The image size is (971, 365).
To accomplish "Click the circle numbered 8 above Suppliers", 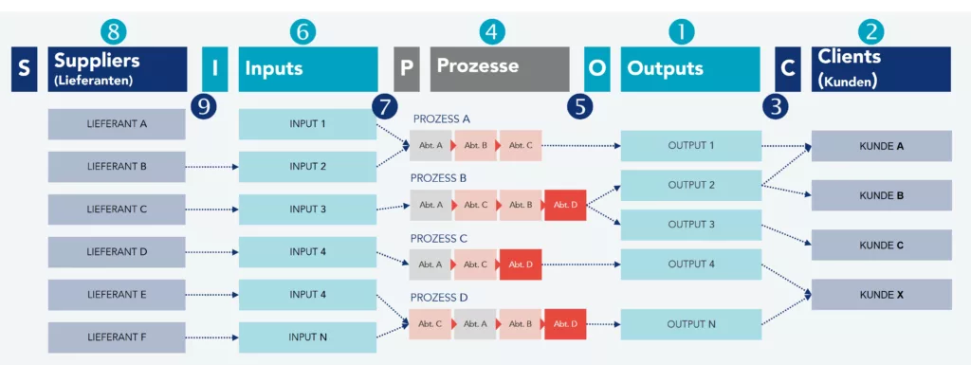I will point(114,31).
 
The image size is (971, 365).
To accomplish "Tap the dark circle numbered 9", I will point(202,105).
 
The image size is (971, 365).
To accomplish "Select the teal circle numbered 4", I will point(490,31).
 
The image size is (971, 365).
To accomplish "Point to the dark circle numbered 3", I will point(777,105).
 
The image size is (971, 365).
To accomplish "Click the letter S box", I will point(24,69).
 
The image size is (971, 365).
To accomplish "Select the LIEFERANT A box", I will point(117,124).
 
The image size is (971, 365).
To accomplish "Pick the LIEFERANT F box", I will point(117,338).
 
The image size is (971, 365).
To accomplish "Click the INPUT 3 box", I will point(307,210).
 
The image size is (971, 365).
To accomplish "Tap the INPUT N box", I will point(307,338).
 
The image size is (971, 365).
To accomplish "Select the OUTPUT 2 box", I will point(690,186).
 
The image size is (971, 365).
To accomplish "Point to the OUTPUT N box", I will point(690,324).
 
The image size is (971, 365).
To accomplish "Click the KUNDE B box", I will point(881,196).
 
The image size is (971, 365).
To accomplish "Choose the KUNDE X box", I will point(881,295).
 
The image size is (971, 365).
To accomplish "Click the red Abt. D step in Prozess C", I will point(521,265).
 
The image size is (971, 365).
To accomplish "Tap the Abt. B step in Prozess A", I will point(475,146).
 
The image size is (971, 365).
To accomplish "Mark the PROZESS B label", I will point(439,177).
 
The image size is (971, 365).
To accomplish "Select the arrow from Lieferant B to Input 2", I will point(211,167).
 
